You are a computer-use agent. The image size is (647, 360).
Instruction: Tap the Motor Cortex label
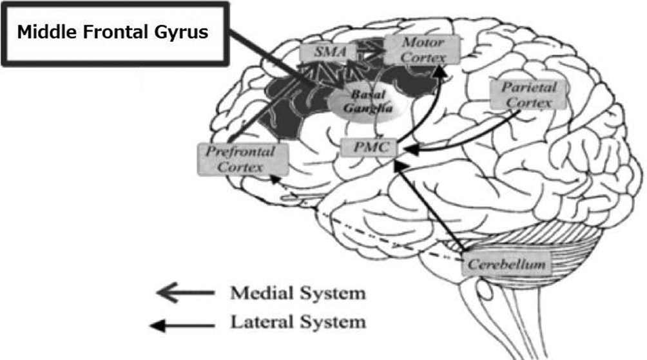point(422,49)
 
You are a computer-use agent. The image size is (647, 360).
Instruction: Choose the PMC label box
point(366,147)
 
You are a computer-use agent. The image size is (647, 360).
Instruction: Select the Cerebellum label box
point(507,264)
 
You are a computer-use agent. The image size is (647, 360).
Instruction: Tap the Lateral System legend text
point(298,321)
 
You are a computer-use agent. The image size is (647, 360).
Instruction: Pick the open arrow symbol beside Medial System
point(185,294)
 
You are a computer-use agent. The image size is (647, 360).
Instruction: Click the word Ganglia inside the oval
point(363,108)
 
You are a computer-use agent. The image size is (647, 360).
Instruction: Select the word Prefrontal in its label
point(240,152)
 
